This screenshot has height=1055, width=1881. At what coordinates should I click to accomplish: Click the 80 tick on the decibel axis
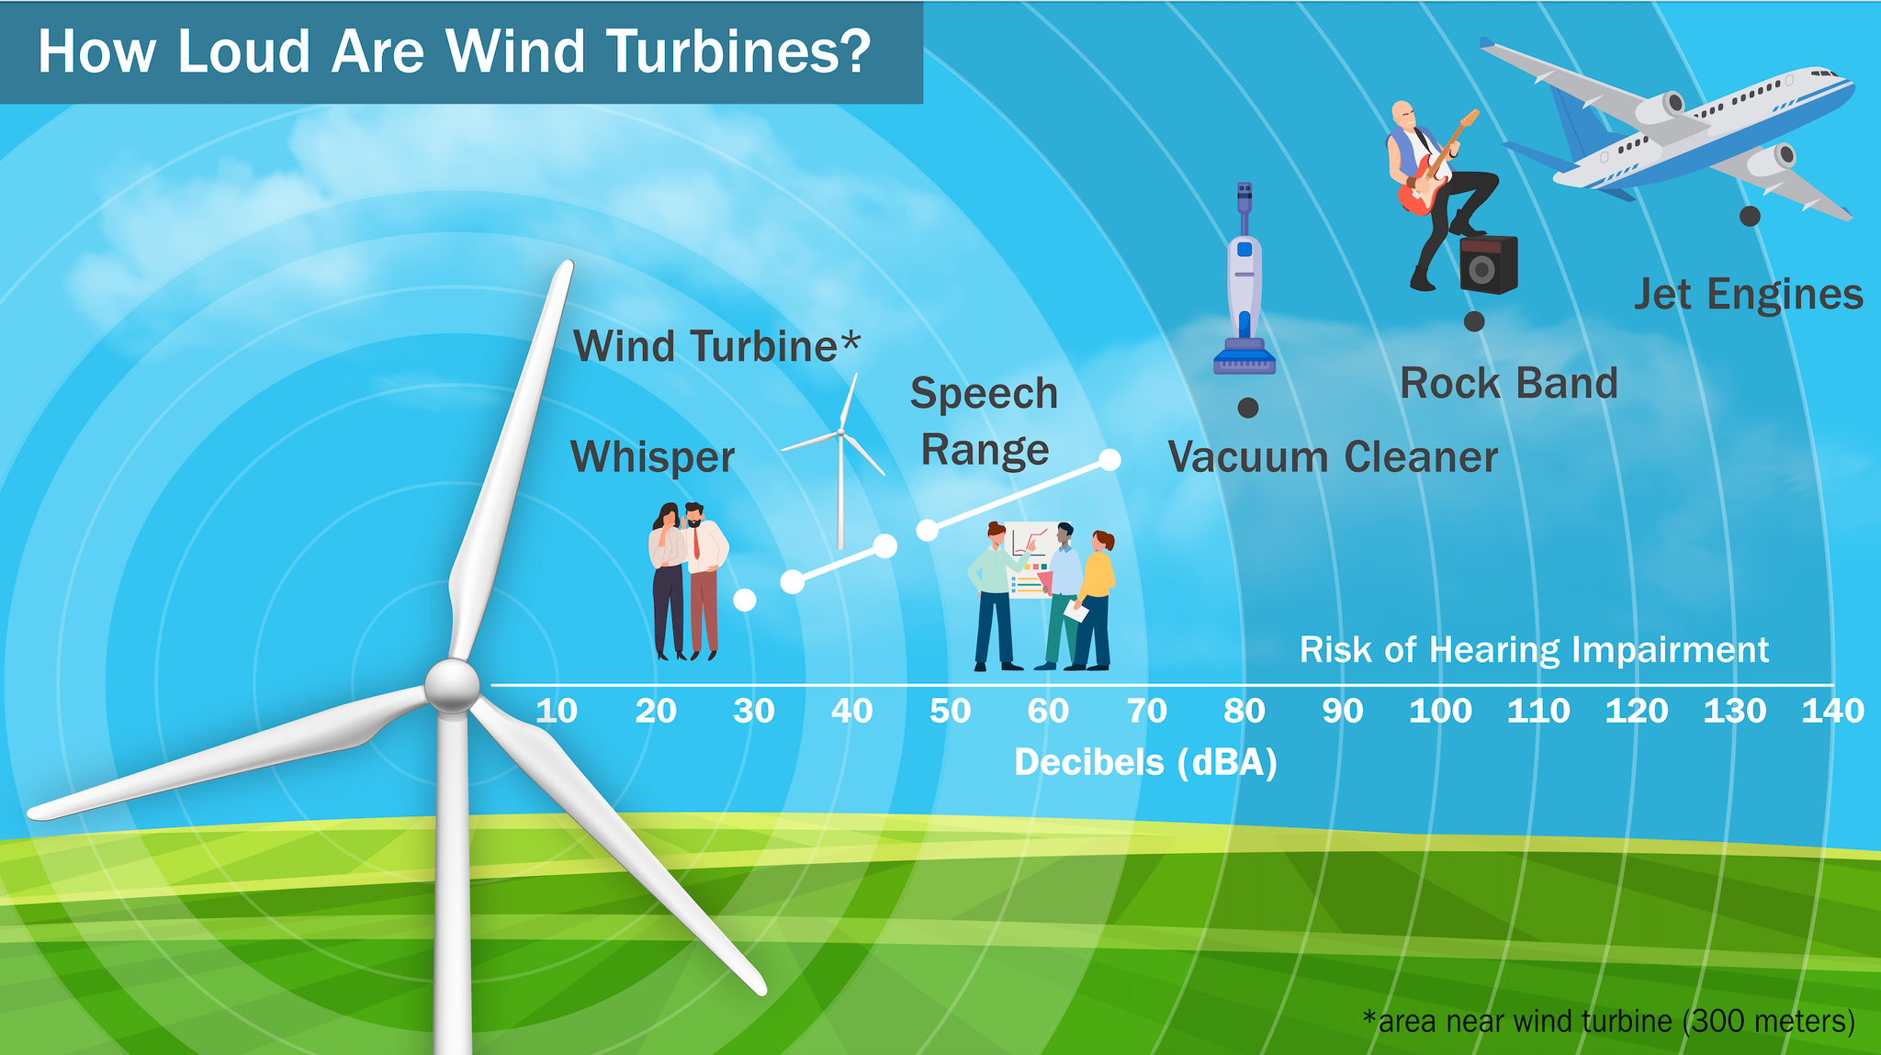click(x=1245, y=711)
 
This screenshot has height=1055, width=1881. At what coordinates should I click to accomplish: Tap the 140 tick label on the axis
click(x=1832, y=711)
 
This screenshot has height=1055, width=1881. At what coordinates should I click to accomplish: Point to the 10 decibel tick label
click(x=557, y=711)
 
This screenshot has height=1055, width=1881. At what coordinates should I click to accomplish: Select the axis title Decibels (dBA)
click(x=1145, y=763)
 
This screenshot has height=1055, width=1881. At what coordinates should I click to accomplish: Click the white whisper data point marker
click(x=745, y=600)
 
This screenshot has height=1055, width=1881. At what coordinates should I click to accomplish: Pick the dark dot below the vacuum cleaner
click(x=1248, y=408)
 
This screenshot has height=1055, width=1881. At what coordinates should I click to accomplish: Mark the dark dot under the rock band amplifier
click(x=1474, y=321)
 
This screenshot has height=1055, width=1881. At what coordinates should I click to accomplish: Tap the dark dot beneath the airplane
click(x=1750, y=216)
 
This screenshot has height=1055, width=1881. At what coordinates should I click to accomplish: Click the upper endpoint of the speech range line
click(x=1109, y=460)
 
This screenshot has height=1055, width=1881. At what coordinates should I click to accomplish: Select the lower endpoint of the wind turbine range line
click(x=793, y=582)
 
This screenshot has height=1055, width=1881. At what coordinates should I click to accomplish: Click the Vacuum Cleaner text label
click(x=1333, y=457)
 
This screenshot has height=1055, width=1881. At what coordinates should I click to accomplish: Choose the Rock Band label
click(x=1509, y=383)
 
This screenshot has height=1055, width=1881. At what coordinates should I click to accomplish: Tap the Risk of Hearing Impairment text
click(x=1534, y=650)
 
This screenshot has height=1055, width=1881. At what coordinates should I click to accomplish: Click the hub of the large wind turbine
click(x=452, y=686)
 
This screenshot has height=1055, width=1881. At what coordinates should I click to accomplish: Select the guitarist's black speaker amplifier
click(x=1488, y=264)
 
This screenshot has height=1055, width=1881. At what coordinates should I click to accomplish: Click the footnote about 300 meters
click(x=1608, y=1021)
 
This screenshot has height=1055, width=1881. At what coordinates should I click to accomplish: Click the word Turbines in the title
click(x=739, y=51)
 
